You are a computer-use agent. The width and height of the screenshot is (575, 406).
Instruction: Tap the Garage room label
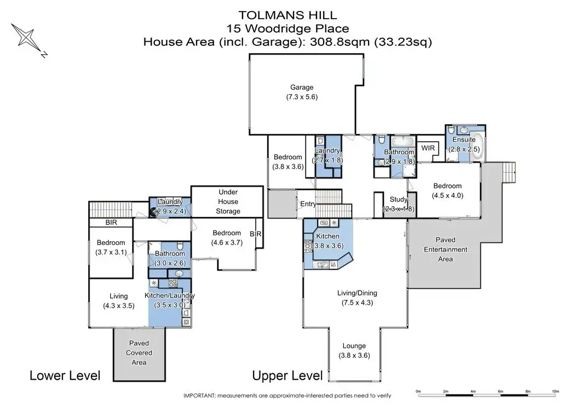pos(302,87)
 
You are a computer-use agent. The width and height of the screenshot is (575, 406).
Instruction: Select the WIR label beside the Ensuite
pos(428,148)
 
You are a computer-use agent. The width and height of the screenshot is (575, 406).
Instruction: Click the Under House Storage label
pos(228,201)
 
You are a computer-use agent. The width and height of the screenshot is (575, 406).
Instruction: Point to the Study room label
pos(399,199)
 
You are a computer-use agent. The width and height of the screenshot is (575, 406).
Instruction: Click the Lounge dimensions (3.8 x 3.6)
pos(354,356)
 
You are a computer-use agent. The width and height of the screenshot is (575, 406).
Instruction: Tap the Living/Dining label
pos(357,293)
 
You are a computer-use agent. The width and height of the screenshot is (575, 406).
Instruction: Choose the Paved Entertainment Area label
pos(446,250)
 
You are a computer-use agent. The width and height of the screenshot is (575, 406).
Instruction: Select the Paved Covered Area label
pos(139,353)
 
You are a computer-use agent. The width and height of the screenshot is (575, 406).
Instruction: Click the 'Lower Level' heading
pos(65,375)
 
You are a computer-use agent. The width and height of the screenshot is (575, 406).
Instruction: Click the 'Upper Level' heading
pos(287,375)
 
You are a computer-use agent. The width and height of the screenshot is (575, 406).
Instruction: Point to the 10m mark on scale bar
pos(556,392)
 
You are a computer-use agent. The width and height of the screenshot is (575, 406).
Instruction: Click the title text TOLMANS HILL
pos(288,15)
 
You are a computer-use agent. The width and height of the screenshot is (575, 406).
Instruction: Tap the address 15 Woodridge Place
pos(288,28)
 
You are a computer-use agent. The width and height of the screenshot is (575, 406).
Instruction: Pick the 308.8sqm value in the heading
pos(340,42)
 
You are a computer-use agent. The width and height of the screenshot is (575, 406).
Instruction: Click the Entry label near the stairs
pos(308,204)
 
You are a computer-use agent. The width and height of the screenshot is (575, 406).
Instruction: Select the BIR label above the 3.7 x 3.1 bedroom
pos(111,222)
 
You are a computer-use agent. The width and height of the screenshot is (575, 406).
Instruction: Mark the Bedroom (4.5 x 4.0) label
pos(447,190)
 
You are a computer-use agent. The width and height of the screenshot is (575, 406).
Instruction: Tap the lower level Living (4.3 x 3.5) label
pos(118,301)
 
